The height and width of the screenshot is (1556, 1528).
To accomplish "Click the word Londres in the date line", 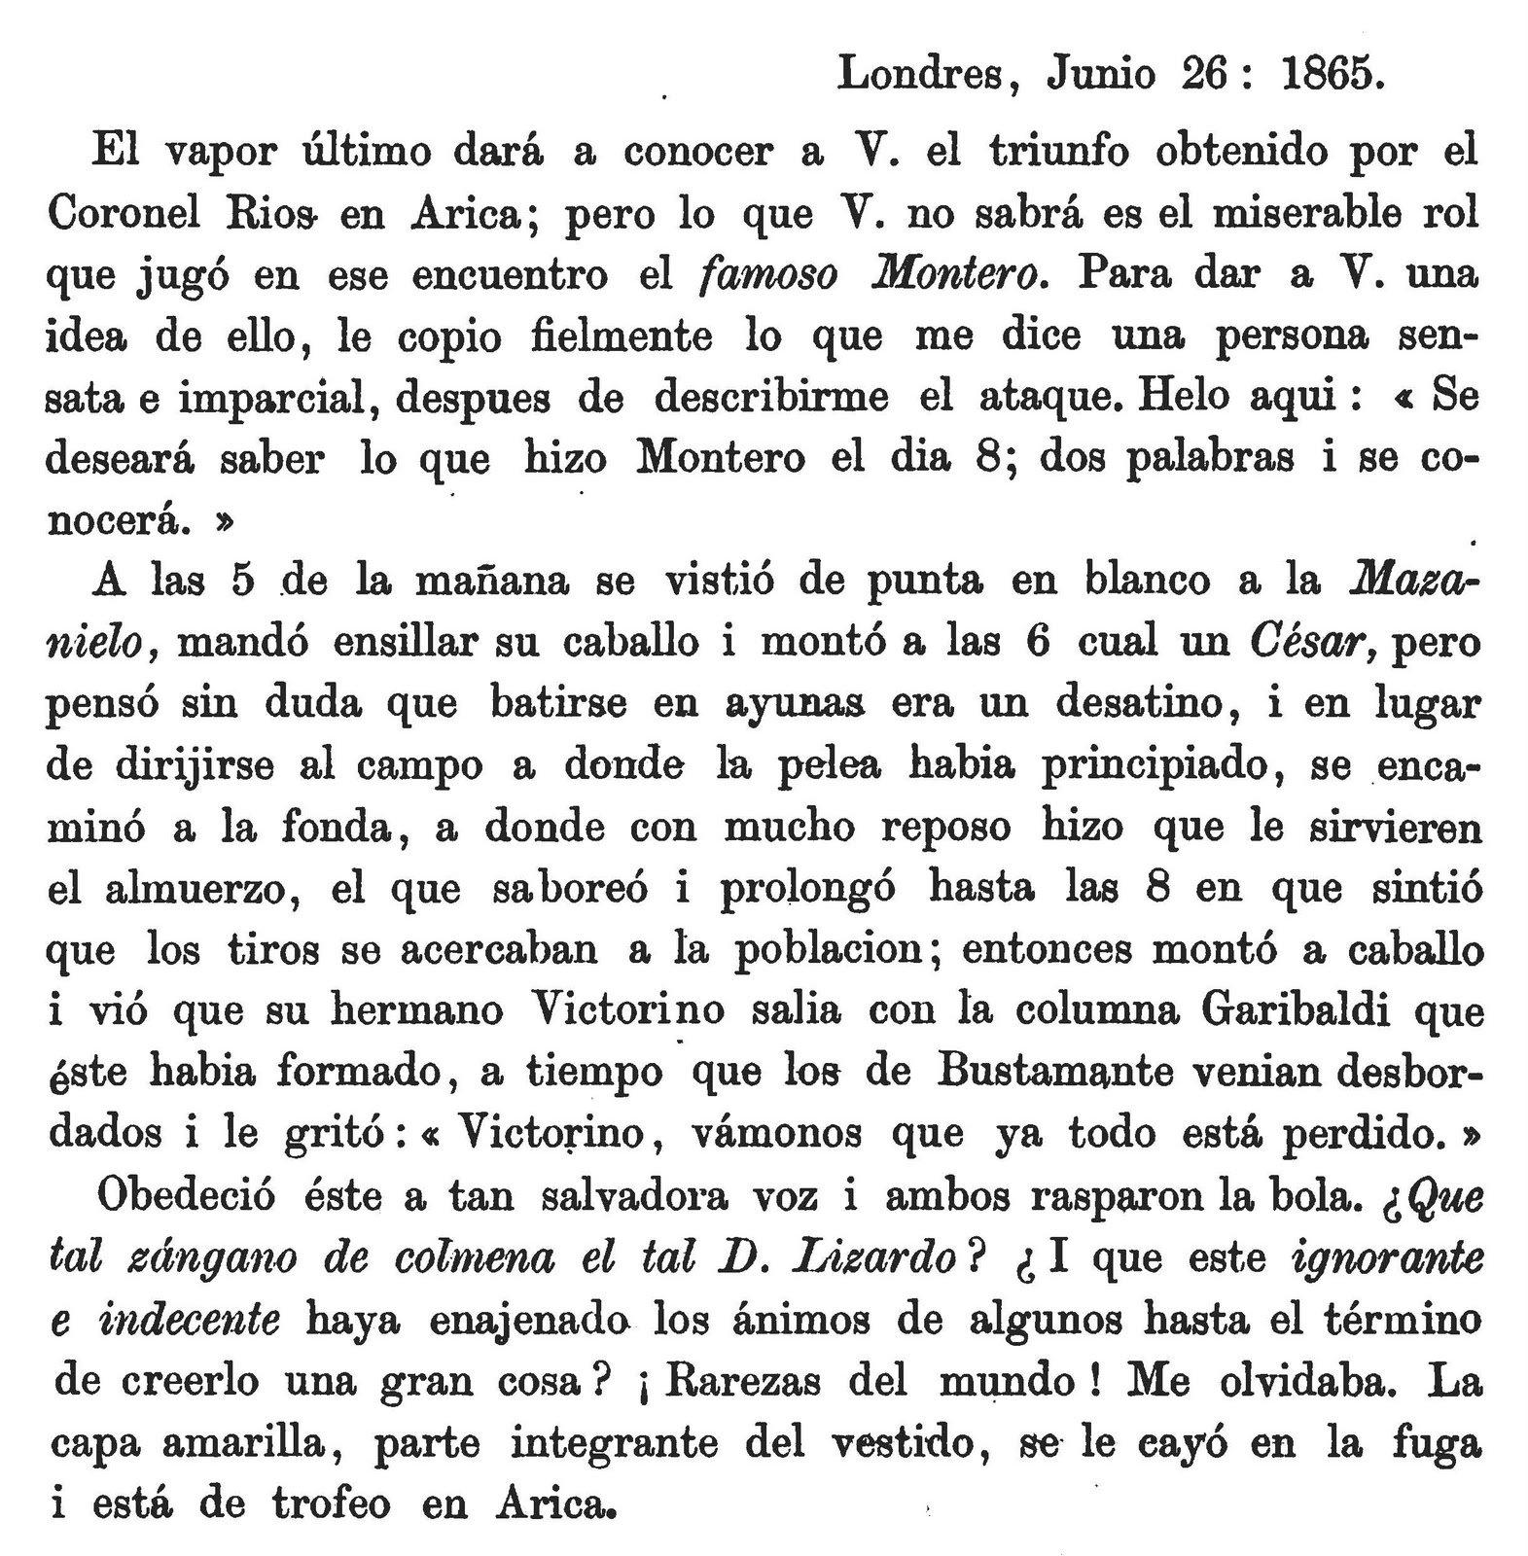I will [919, 74].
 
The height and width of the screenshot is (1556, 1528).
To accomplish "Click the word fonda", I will [337, 828].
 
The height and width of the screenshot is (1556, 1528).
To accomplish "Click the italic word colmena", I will [476, 1258].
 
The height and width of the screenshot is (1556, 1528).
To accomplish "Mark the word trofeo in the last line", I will [331, 1504].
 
